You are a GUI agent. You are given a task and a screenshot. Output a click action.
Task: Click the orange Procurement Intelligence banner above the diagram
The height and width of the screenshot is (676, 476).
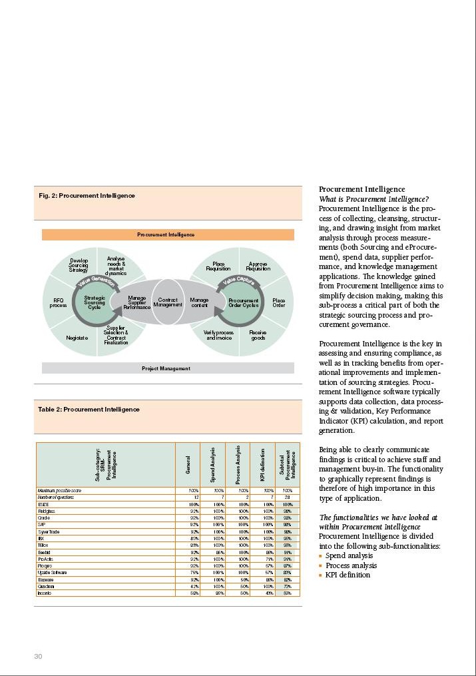point(167,234)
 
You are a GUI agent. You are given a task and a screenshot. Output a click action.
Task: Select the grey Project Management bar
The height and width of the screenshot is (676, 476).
point(167,368)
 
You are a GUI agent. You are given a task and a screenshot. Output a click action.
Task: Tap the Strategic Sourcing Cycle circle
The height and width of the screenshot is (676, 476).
point(95,302)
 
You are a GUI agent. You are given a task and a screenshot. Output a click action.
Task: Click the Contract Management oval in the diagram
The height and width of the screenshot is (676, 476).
point(168,302)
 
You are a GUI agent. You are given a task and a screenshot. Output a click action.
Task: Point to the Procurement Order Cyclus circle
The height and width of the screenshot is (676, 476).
point(243,302)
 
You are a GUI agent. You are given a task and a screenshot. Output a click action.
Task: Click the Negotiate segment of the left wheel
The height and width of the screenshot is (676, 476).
point(77,338)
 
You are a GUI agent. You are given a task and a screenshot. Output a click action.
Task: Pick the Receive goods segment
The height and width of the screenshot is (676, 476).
point(258,335)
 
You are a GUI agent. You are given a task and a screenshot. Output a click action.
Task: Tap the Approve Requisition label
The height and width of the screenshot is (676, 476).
point(258,266)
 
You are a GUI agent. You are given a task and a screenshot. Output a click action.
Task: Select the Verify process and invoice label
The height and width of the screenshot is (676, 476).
point(219,335)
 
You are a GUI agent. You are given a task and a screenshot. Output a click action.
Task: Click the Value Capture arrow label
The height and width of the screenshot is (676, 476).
point(239,282)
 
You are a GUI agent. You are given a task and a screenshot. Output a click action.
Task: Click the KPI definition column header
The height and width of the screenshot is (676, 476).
point(263,464)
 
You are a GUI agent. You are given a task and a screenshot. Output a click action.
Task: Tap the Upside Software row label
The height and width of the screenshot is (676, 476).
point(51,572)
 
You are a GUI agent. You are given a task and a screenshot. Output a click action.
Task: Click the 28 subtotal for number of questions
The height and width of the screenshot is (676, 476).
point(287,498)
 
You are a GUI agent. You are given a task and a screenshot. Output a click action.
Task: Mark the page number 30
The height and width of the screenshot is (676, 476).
point(38,657)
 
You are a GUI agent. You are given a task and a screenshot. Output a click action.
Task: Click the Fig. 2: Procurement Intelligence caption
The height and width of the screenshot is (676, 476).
point(87,196)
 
